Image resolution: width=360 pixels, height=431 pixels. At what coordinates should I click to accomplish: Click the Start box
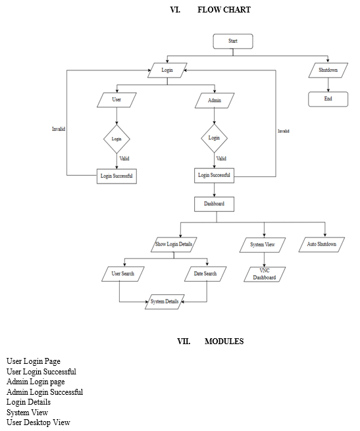pos(233,41)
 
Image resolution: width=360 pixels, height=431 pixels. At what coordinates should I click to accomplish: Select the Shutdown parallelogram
pos(328,70)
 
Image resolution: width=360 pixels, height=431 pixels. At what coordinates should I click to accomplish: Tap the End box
pos(328,99)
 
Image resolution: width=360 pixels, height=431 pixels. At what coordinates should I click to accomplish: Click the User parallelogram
pos(116,100)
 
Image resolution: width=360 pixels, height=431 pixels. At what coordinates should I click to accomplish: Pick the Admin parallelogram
pos(215,101)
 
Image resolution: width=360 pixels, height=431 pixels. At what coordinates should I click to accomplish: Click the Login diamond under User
pos(116,139)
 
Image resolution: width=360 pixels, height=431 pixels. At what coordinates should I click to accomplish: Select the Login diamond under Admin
pos(215,138)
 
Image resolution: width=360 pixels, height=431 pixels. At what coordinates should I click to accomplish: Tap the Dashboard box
pos(215,204)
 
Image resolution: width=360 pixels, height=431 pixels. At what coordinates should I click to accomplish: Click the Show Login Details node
pos(174,245)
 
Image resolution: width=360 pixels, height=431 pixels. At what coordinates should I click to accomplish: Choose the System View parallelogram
pos(263,245)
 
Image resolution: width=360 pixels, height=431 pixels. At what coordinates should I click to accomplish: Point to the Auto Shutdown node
pos(322,245)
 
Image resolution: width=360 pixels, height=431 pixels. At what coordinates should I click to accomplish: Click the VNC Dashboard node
pos(265,274)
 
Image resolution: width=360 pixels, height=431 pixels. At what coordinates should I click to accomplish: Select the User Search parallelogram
pos(123,274)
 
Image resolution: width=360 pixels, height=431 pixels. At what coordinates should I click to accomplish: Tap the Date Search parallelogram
pos(205,274)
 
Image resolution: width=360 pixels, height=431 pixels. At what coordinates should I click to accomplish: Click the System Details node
pos(165,302)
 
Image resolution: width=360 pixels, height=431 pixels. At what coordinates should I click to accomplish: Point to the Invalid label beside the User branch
pos(59,129)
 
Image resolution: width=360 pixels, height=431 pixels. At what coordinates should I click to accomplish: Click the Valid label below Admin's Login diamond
pos(221,159)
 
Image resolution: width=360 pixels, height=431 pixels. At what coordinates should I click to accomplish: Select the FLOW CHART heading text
pos(224,10)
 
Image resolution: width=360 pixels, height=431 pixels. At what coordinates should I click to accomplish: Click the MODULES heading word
pos(224,342)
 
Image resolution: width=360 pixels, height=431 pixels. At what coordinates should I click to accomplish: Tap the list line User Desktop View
pos(38,422)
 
